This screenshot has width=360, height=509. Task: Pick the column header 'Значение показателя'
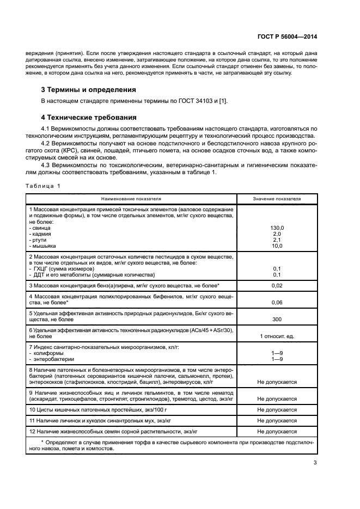[x=277, y=198]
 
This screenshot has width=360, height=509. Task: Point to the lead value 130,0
[x=277, y=228]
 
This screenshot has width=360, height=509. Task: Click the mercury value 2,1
[x=277, y=240]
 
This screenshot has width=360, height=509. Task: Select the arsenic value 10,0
[x=277, y=246]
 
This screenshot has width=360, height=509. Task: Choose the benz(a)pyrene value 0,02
[x=277, y=286]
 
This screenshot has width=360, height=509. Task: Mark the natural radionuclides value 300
[x=277, y=320]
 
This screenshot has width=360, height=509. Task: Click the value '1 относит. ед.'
[x=277, y=336]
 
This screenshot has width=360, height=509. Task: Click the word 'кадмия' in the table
[x=41, y=234]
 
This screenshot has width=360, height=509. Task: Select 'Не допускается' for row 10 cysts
[x=277, y=409]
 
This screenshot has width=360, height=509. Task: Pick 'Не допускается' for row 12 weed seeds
[x=277, y=431]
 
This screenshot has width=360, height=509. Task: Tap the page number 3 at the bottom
[x=315, y=463]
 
